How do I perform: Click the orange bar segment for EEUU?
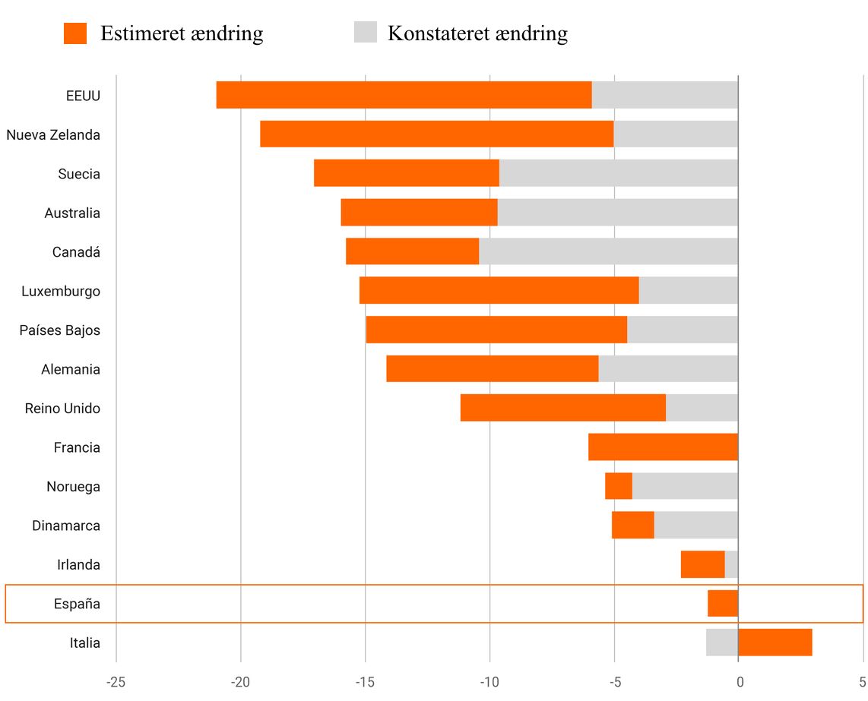[x=404, y=95]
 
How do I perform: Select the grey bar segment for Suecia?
[x=618, y=173]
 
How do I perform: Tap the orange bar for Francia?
[x=663, y=447]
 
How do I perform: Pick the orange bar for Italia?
[x=775, y=643]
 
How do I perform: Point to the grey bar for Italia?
[x=721, y=643]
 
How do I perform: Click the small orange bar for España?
[x=722, y=604]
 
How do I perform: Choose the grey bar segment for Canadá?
[x=608, y=251]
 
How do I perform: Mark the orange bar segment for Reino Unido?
[x=562, y=408]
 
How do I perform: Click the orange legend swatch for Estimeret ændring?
[x=75, y=33]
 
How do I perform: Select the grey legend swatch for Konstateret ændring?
[x=365, y=33]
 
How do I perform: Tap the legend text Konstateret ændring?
[x=477, y=33]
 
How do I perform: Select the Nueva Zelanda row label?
[x=53, y=134]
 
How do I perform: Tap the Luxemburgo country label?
[x=61, y=291]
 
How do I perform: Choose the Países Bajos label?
[x=60, y=330]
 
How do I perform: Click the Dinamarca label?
[x=66, y=526]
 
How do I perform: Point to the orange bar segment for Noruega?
[x=618, y=486]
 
